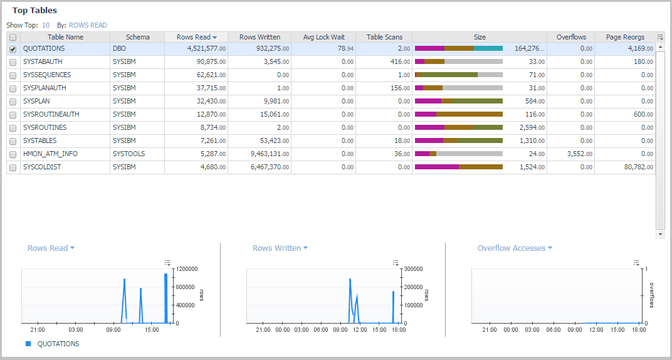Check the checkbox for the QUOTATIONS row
click(x=13, y=49)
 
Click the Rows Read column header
click(x=194, y=37)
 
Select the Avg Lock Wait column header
click(x=323, y=37)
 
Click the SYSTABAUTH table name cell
click(x=43, y=61)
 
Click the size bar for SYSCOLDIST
click(x=459, y=167)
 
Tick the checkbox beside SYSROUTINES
click(x=13, y=127)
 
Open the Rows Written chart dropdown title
click(x=280, y=248)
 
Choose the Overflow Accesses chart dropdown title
click(x=515, y=248)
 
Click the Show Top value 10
click(x=46, y=25)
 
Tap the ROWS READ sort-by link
click(x=88, y=25)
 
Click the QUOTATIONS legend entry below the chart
click(x=58, y=344)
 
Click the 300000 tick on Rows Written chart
click(x=411, y=268)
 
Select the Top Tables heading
click(x=34, y=11)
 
